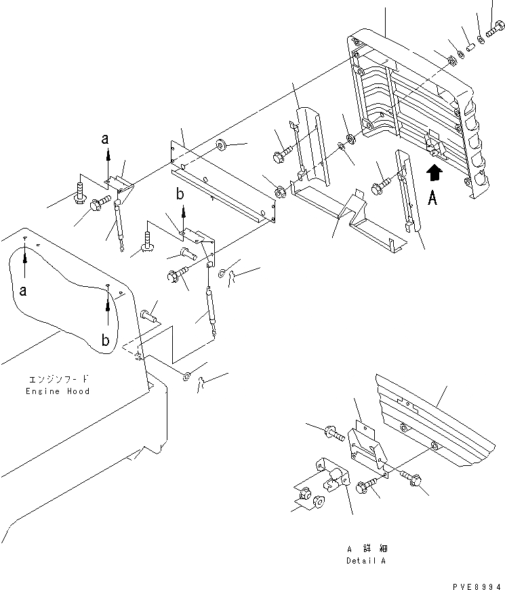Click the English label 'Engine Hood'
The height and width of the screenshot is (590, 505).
point(58,391)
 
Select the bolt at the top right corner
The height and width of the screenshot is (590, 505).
point(493,29)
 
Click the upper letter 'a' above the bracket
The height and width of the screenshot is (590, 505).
point(105,139)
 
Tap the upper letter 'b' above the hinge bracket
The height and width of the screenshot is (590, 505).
point(180,195)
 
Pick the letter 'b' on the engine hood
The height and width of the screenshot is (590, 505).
point(105,340)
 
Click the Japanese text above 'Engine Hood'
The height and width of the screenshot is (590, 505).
point(58,380)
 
